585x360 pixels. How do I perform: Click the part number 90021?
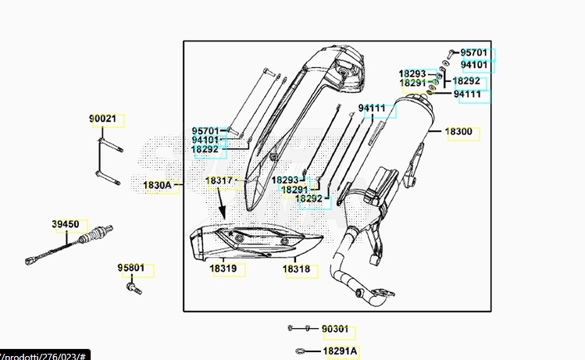point(102,119)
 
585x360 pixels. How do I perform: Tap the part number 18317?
point(219,181)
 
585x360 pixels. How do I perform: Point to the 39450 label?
point(66,225)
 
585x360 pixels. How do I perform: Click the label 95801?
point(131,268)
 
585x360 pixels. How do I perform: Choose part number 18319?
point(223,269)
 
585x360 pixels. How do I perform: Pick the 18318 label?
point(296,269)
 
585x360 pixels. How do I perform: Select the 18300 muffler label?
point(458,133)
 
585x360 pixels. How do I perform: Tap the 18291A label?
point(340,351)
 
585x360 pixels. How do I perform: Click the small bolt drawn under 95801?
point(131,287)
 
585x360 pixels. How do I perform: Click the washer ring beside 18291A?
point(299,351)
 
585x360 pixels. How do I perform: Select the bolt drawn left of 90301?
point(291,328)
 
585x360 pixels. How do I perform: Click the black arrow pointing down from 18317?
point(221,208)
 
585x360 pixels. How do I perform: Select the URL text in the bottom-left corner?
point(43,355)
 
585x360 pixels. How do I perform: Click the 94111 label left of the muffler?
point(372,108)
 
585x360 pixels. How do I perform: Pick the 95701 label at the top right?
point(473,53)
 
